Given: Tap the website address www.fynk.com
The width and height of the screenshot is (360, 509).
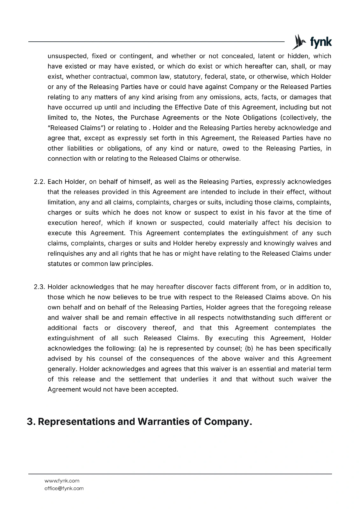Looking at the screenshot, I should (x=62, y=481).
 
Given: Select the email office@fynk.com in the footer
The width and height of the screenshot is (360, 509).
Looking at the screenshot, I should (x=64, y=488).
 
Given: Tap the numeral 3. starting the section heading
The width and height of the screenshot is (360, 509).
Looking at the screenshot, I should (x=31, y=422).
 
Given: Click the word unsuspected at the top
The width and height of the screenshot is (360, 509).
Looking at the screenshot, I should (x=67, y=56).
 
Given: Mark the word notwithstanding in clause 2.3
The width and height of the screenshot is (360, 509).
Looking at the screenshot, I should (x=251, y=318).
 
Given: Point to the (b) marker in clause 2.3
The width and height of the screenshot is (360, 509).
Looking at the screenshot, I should (x=249, y=348).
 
